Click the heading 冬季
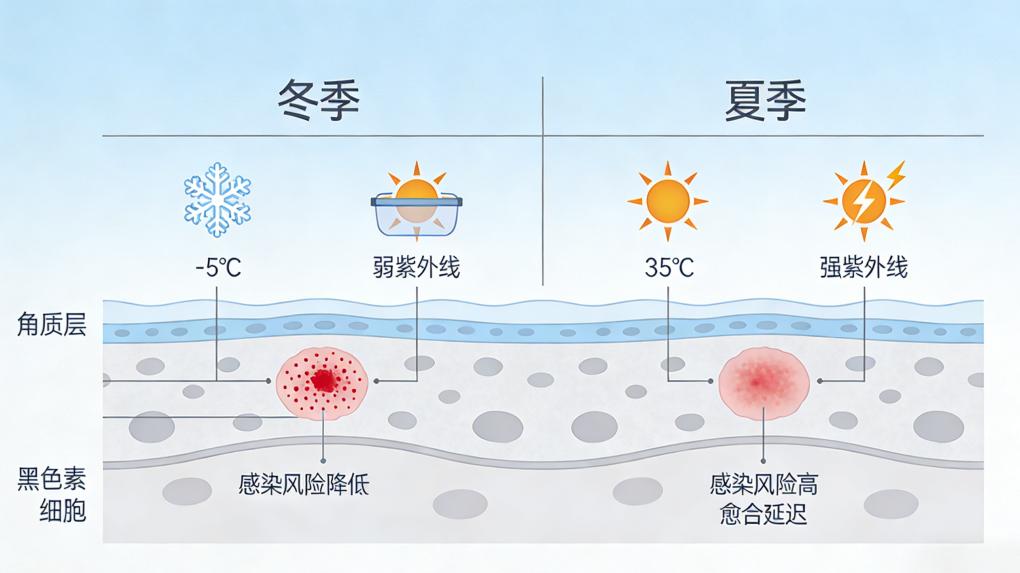coord(318,100)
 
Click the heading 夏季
coord(764,100)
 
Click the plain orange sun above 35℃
coord(667,200)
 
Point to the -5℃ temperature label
coord(217,267)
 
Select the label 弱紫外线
coord(416,267)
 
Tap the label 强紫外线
coord(863,267)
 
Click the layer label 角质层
coord(51,325)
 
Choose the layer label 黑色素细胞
coord(51,494)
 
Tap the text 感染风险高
coord(764,486)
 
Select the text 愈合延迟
coord(764,515)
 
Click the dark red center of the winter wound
coord(323,380)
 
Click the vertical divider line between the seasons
coord(542,180)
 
